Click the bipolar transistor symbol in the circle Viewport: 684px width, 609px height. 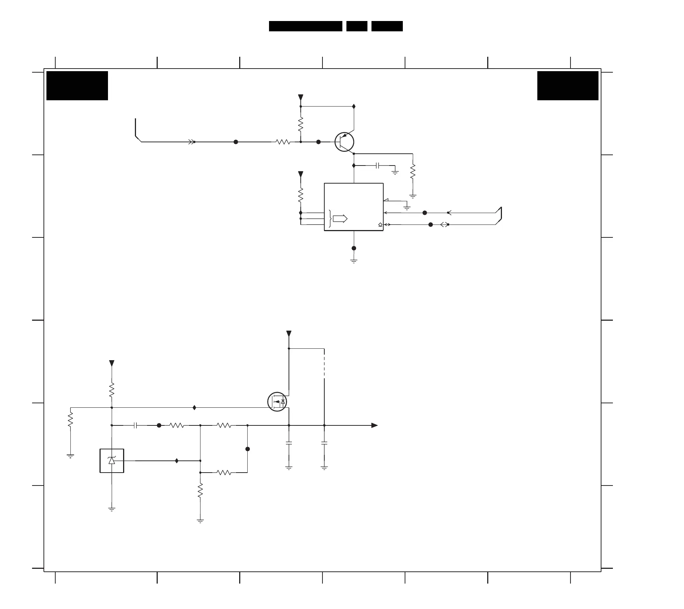click(344, 142)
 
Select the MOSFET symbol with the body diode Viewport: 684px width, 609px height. click(277, 402)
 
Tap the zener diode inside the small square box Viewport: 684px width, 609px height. click(112, 460)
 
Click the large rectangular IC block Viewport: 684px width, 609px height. click(353, 207)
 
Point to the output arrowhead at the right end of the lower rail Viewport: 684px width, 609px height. click(374, 425)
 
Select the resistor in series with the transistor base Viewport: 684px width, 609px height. click(283, 142)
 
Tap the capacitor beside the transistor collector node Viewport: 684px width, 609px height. click(377, 166)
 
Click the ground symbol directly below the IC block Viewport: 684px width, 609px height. click(354, 261)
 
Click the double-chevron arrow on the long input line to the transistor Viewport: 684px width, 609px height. click(192, 142)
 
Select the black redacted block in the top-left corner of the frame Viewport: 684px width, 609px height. click(77, 86)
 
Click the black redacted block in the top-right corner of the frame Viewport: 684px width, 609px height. click(568, 86)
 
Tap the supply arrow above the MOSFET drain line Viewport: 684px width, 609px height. click(289, 334)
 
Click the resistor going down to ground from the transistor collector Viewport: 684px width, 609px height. click(413, 171)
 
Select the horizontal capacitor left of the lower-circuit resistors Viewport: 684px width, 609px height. click(135, 425)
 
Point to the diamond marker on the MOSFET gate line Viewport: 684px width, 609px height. click(195, 407)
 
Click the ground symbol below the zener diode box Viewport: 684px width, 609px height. click(112, 509)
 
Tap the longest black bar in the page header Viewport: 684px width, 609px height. click(306, 26)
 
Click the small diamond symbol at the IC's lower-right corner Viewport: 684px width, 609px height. click(380, 225)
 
